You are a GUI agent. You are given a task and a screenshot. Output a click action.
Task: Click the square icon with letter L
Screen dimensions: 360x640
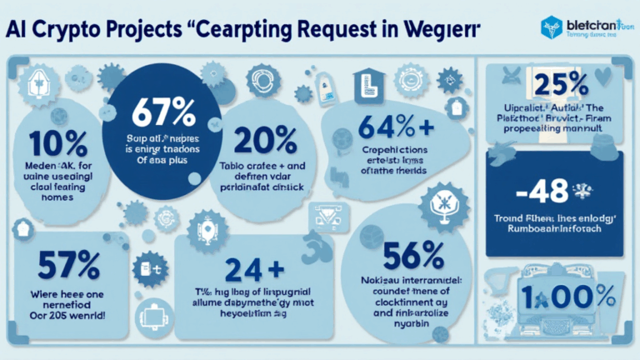coord(364,87)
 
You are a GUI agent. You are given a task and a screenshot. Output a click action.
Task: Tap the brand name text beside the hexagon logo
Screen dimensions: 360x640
coord(593,23)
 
